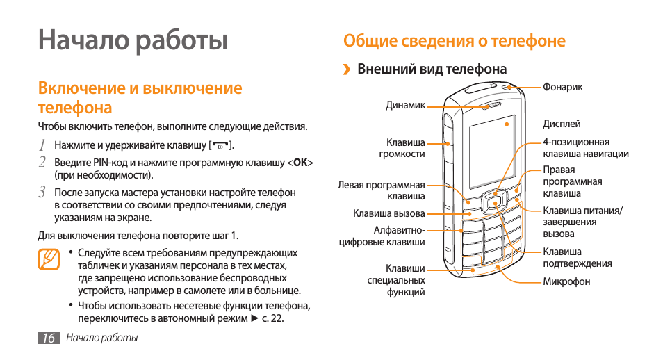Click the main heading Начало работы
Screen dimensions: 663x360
coord(133,41)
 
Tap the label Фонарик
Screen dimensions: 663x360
coord(562,87)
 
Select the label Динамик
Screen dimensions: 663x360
coord(405,106)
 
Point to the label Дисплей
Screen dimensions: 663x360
coord(562,124)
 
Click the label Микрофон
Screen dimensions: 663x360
coord(566,281)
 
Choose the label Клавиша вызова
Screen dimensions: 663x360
coord(389,213)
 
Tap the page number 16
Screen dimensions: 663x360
coord(49,338)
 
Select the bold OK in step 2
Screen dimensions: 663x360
coord(300,163)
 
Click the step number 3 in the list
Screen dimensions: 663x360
coord(42,192)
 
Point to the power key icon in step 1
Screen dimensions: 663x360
coord(220,146)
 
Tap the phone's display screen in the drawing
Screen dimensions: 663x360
coord(493,151)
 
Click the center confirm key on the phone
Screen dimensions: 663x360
coord(493,204)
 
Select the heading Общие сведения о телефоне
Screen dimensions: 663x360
coord(454,41)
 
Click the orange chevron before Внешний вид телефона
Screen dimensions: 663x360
coord(347,69)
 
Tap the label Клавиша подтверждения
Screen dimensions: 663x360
coord(577,258)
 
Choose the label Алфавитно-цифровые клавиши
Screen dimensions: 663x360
coord(382,236)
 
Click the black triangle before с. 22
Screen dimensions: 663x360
coord(254,318)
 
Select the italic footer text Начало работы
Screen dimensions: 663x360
coord(102,338)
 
